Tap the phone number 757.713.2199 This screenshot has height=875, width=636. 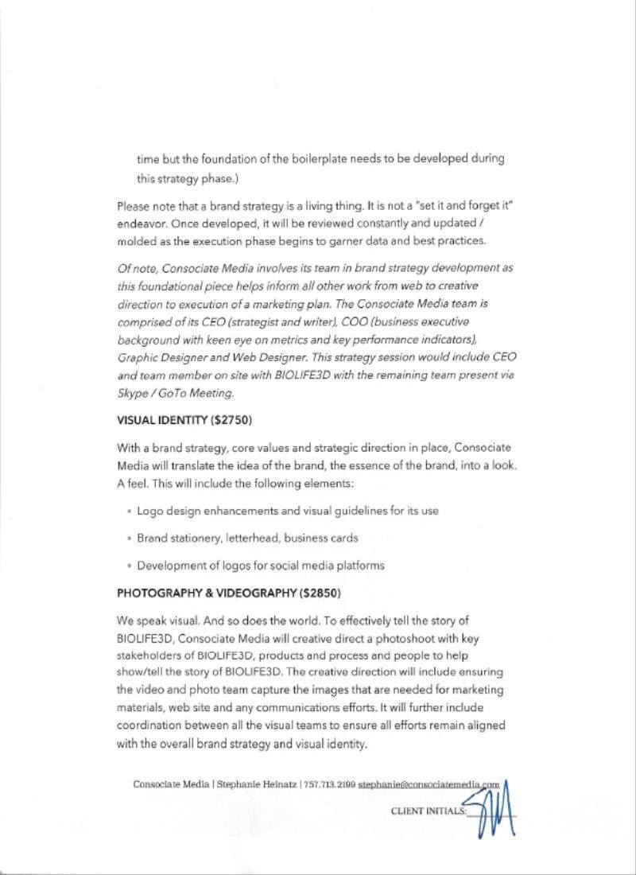tap(330, 784)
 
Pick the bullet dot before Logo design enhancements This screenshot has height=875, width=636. tap(129, 511)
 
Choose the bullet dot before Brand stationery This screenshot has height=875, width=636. tap(129, 539)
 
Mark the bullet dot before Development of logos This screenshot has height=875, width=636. tap(129, 566)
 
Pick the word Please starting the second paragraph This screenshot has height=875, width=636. tap(133, 206)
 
